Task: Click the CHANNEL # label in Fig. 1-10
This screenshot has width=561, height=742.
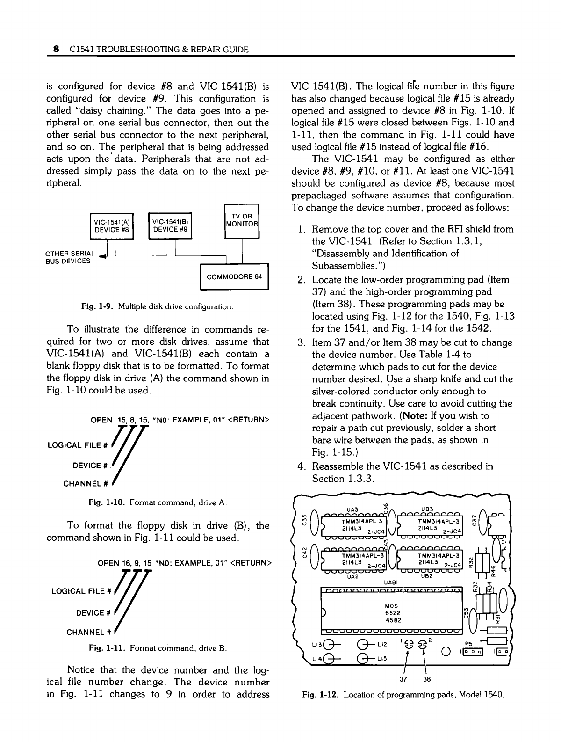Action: point(86,483)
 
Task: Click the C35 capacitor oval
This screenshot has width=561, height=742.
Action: point(315,520)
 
